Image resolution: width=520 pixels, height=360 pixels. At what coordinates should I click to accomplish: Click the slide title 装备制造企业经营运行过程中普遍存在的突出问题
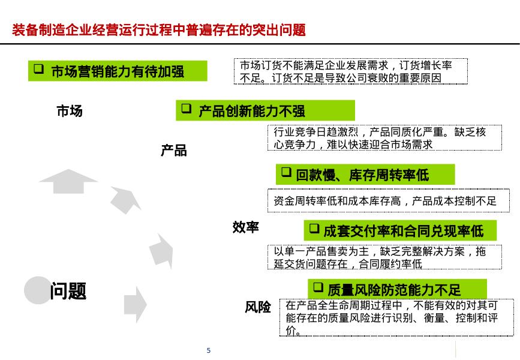coord(159,30)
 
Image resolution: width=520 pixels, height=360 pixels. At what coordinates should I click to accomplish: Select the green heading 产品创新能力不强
coord(252,110)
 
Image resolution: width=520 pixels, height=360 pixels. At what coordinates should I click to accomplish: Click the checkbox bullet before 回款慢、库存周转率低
coord(286,174)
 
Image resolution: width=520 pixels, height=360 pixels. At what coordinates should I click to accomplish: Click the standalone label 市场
coord(70,111)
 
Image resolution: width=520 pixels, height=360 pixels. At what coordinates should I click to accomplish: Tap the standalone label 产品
coord(173,151)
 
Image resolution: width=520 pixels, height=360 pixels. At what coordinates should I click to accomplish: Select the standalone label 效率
coord(246,227)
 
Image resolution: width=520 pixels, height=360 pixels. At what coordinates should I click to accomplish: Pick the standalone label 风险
coord(258,307)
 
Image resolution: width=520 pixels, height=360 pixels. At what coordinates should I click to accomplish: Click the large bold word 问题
coord(68,291)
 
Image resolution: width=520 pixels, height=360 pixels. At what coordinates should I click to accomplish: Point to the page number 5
coord(208,350)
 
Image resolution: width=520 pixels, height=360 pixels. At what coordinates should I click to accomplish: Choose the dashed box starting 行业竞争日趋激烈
coord(383,138)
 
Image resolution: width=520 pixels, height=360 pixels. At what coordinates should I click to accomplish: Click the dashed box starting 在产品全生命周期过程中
coord(396,317)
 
